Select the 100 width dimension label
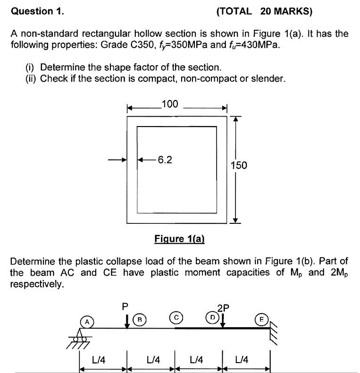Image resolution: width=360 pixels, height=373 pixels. (169, 104)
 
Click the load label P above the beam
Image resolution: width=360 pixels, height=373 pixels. (125, 306)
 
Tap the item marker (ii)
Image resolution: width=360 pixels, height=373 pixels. (31, 78)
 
